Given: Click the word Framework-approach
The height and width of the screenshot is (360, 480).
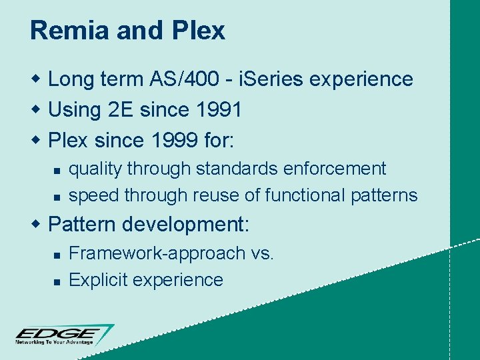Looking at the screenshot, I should coord(157,253).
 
